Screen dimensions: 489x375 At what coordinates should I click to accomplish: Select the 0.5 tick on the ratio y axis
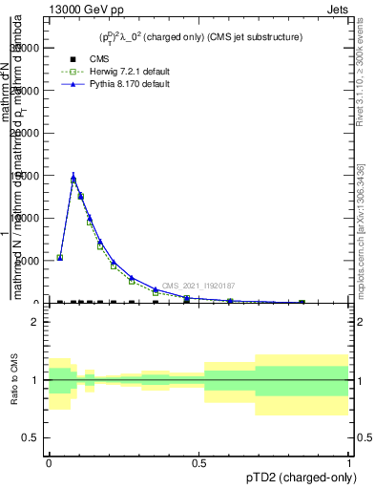pyautogui.click(x=31, y=437)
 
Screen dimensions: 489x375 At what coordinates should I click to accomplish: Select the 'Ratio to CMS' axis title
pyautogui.click(x=13, y=379)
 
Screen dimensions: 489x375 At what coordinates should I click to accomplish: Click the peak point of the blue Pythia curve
pyautogui.click(x=73, y=175)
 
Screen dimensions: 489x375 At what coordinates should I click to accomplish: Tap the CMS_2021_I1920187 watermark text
pyautogui.click(x=198, y=286)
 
